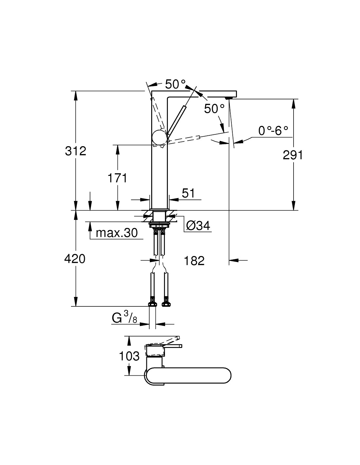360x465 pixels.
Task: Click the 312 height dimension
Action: point(76,151)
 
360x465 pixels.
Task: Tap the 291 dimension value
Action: point(293,155)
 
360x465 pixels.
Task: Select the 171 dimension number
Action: point(117,178)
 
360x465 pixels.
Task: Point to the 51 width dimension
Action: point(188,193)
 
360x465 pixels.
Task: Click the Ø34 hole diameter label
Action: point(198,225)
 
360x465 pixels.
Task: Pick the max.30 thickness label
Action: point(117,233)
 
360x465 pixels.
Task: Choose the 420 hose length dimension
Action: point(75,259)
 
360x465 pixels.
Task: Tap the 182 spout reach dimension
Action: point(194,261)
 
